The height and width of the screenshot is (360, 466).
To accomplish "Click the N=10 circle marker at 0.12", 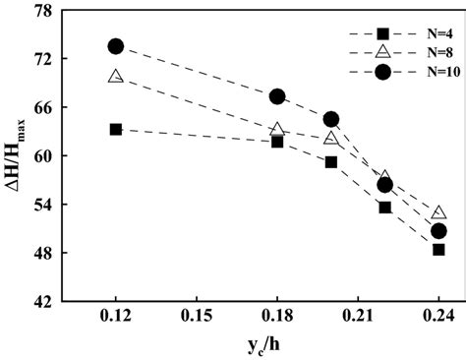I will pyautogui.click(x=116, y=46).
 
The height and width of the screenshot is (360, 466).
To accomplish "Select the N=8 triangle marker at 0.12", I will pyautogui.click(x=116, y=76).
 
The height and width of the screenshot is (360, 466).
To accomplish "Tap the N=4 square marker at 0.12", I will pyautogui.click(x=116, y=129).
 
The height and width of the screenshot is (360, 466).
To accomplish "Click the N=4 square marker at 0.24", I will pyautogui.click(x=438, y=250).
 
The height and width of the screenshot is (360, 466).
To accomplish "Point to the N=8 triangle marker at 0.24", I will pyautogui.click(x=438, y=211).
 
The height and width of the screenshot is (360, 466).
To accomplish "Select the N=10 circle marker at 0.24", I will pyautogui.click(x=438, y=231).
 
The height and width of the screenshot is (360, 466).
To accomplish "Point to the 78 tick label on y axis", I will pyautogui.click(x=41, y=11).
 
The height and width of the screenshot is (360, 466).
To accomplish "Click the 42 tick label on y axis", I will pyautogui.click(x=41, y=302).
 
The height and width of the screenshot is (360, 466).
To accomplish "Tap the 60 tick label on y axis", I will pyautogui.click(x=41, y=156).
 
